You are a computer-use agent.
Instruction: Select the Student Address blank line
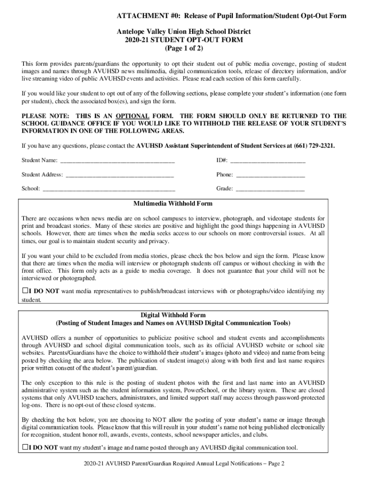coord(119,175)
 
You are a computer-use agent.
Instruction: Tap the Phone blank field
coord(271,175)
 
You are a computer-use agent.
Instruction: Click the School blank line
coord(109,189)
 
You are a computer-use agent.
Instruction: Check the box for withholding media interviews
coord(25,291)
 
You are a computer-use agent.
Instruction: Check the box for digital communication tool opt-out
coord(25,447)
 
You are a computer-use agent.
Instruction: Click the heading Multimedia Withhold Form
coord(173,203)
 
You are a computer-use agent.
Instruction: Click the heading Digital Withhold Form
coord(173,315)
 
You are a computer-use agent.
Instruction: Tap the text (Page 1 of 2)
coord(184,49)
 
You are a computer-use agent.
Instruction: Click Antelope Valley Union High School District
coord(184,32)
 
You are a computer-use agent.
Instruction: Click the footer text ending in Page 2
coord(184,464)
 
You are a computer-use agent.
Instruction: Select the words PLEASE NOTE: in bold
coord(43,116)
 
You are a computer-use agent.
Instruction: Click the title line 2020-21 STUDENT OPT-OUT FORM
coord(184,40)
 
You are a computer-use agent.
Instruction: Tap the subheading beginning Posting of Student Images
coord(173,323)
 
